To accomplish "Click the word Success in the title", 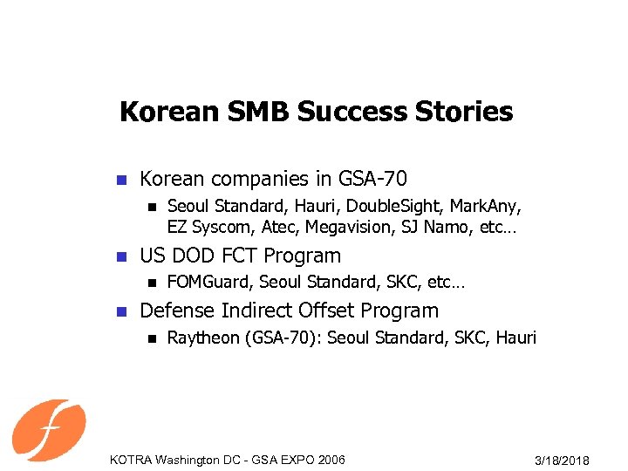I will (x=350, y=113).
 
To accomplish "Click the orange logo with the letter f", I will (x=49, y=429).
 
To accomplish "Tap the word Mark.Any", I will (x=486, y=207).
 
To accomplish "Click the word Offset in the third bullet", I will (x=324, y=311).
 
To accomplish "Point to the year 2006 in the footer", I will (x=329, y=460).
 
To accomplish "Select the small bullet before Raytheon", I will (x=150, y=338).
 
